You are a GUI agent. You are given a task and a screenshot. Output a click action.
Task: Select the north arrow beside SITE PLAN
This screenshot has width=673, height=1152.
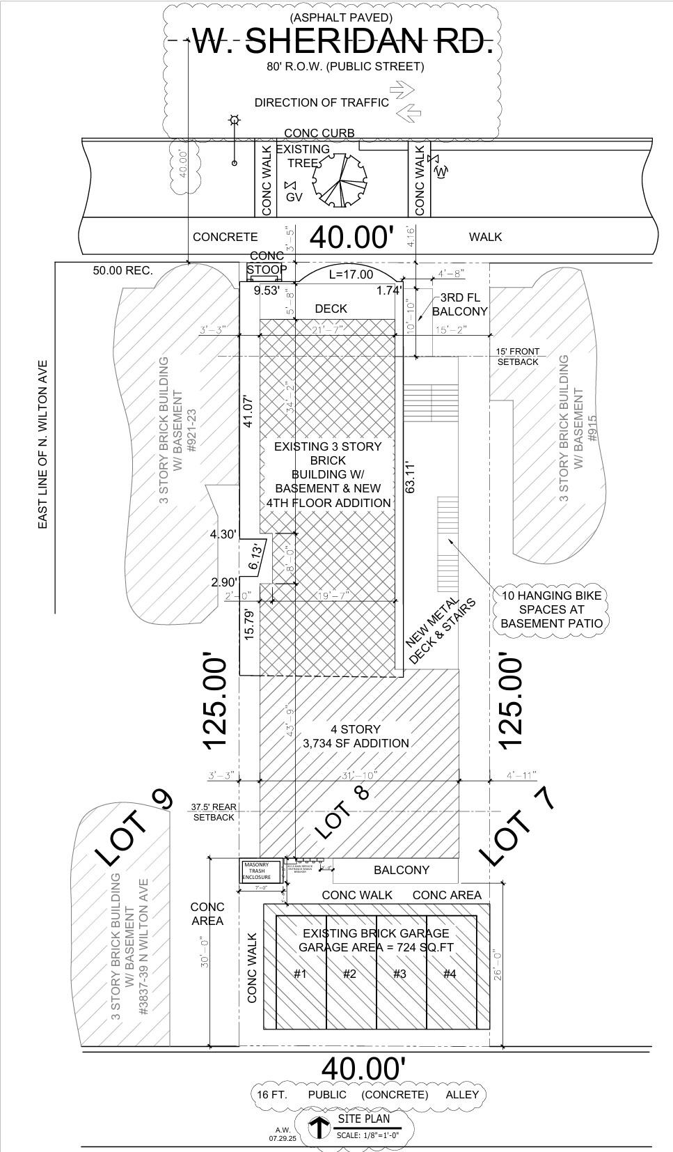pyautogui.click(x=318, y=1126)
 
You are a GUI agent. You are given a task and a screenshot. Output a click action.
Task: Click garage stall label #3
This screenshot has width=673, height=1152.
pyautogui.click(x=399, y=974)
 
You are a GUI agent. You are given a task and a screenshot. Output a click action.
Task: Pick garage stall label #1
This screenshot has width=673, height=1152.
pyautogui.click(x=299, y=974)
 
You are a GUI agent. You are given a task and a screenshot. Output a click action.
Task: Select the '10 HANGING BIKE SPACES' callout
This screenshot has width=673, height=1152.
pyautogui.click(x=551, y=609)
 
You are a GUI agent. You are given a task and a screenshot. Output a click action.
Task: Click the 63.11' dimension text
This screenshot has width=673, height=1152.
pyautogui.click(x=410, y=477)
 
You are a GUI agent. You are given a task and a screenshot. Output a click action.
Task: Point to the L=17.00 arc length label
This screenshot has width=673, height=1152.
pyautogui.click(x=351, y=274)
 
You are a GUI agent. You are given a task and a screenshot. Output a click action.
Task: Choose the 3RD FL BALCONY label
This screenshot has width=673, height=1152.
pyautogui.click(x=459, y=304)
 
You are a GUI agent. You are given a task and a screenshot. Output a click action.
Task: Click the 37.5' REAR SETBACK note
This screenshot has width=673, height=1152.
pyautogui.click(x=214, y=812)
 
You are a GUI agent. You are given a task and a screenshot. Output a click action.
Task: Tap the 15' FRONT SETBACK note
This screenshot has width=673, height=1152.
pyautogui.click(x=518, y=357)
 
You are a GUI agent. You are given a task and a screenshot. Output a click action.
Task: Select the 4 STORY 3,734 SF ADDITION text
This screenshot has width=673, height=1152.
pyautogui.click(x=356, y=736)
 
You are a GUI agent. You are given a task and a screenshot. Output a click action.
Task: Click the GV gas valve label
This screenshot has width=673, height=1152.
pyautogui.click(x=294, y=197)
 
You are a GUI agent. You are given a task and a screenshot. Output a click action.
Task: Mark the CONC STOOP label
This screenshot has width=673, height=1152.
pyautogui.click(x=267, y=263)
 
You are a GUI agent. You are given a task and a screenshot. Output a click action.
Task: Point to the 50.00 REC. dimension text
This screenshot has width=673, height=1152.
pyautogui.click(x=122, y=270)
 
